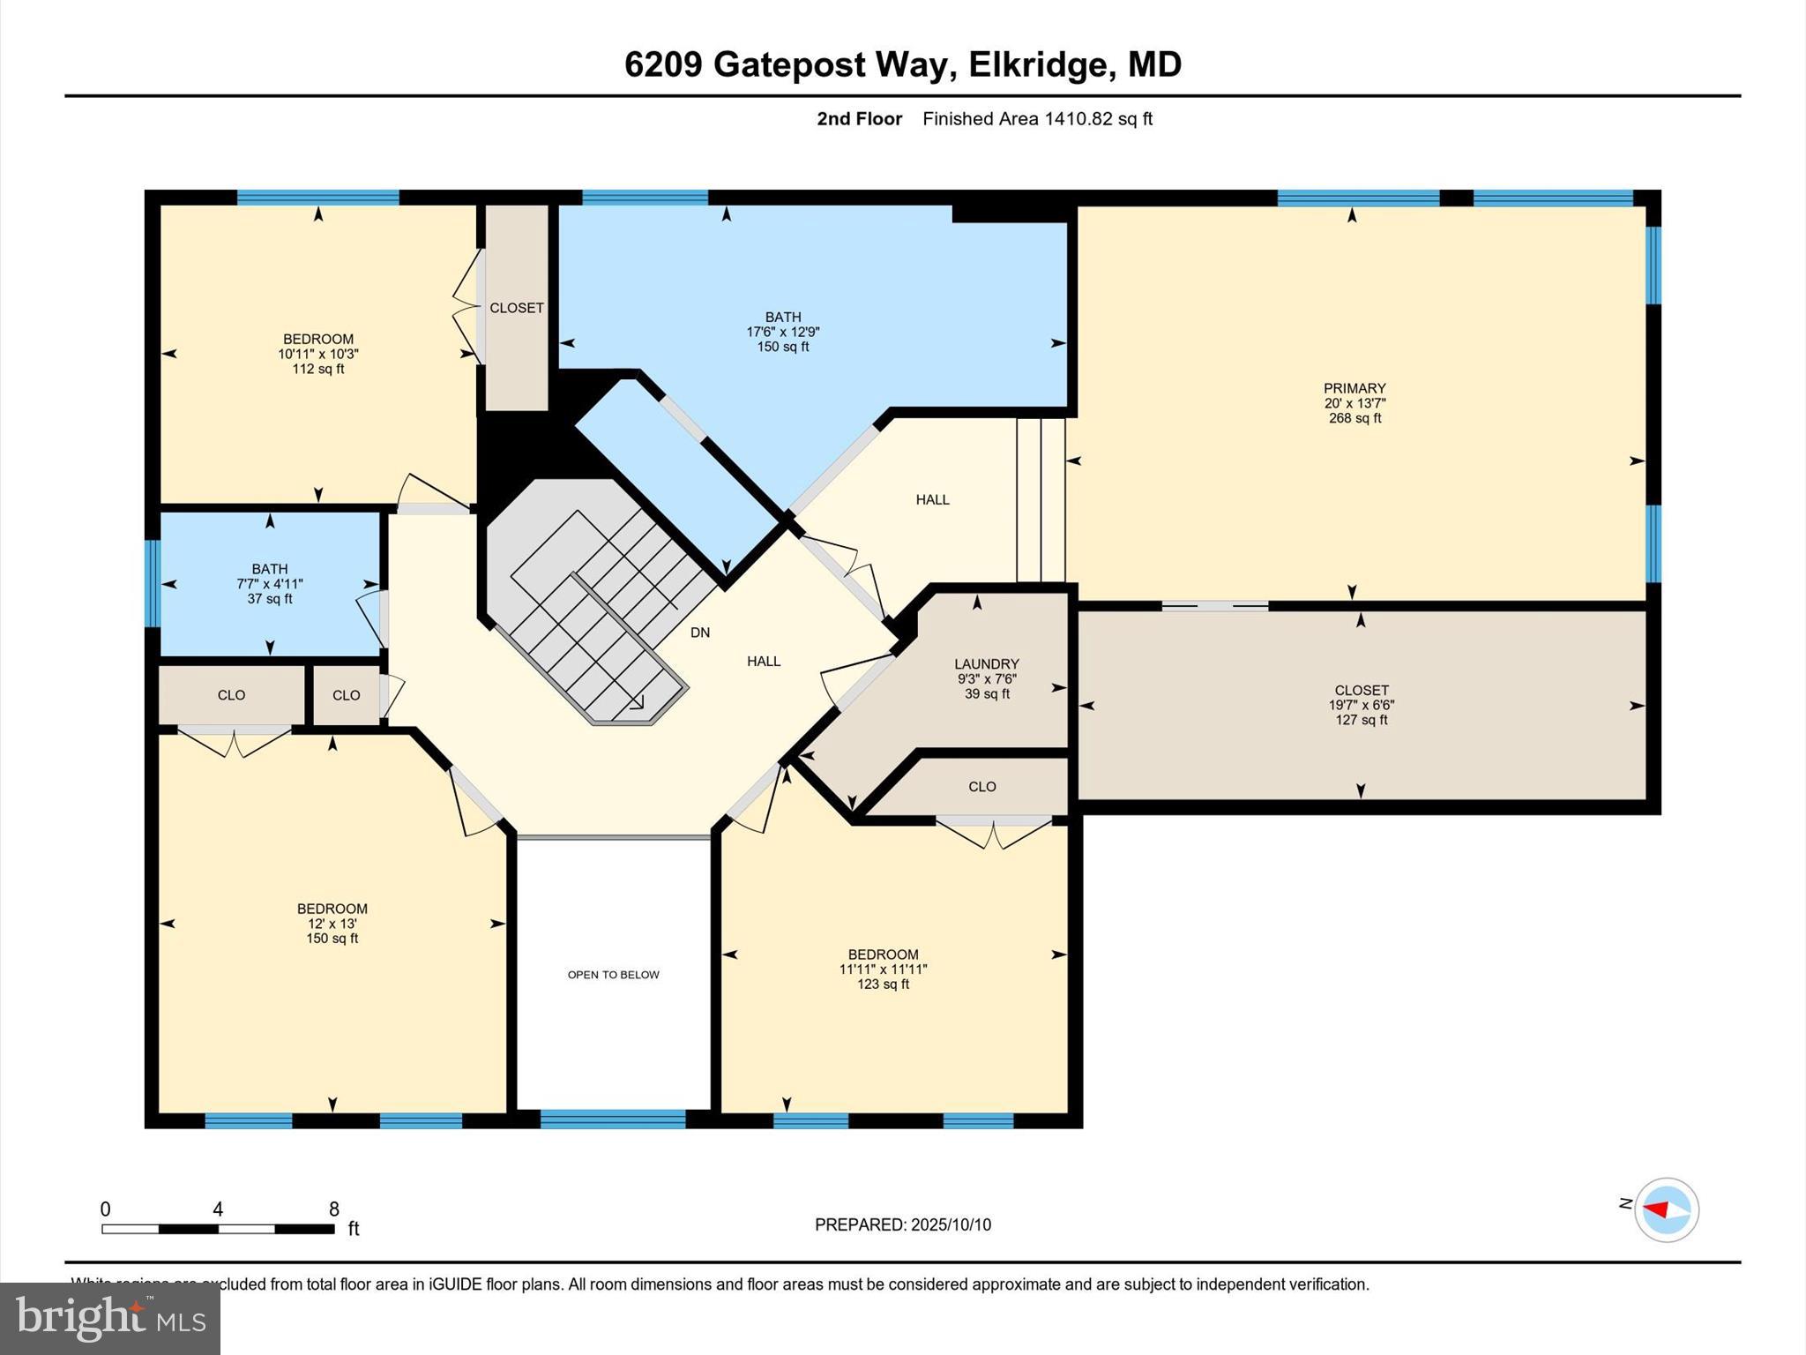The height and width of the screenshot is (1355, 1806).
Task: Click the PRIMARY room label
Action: point(1354,388)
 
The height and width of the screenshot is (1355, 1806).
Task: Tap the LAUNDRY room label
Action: point(986,664)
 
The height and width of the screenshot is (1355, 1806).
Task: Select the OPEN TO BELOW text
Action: point(613,975)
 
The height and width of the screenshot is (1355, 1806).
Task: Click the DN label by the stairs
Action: point(699,633)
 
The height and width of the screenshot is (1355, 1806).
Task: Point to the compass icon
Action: point(1666,1209)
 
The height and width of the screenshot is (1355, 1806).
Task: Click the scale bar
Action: point(218,1229)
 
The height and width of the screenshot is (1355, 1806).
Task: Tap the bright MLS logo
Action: point(110,1319)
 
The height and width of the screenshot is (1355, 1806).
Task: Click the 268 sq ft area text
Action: point(1354,418)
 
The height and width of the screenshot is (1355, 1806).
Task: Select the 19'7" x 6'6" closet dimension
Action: point(1361,705)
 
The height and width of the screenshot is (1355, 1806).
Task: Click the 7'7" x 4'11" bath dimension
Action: point(269,584)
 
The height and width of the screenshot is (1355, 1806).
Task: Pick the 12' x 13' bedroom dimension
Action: point(332,924)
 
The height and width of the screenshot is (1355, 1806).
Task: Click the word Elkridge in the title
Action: point(1037,64)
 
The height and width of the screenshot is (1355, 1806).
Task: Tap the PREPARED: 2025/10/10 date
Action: point(902,1224)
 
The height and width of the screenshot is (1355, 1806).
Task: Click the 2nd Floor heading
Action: point(859,119)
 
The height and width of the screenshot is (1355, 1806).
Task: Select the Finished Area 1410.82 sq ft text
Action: point(1037,119)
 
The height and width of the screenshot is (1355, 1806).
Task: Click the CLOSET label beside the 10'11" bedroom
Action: point(516,308)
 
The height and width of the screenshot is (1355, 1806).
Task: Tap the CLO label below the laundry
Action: point(981,787)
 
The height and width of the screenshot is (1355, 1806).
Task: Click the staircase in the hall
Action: point(600,609)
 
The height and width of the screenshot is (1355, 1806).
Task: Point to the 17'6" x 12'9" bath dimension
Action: point(782,333)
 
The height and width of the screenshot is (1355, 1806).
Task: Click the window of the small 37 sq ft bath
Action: point(153,583)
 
